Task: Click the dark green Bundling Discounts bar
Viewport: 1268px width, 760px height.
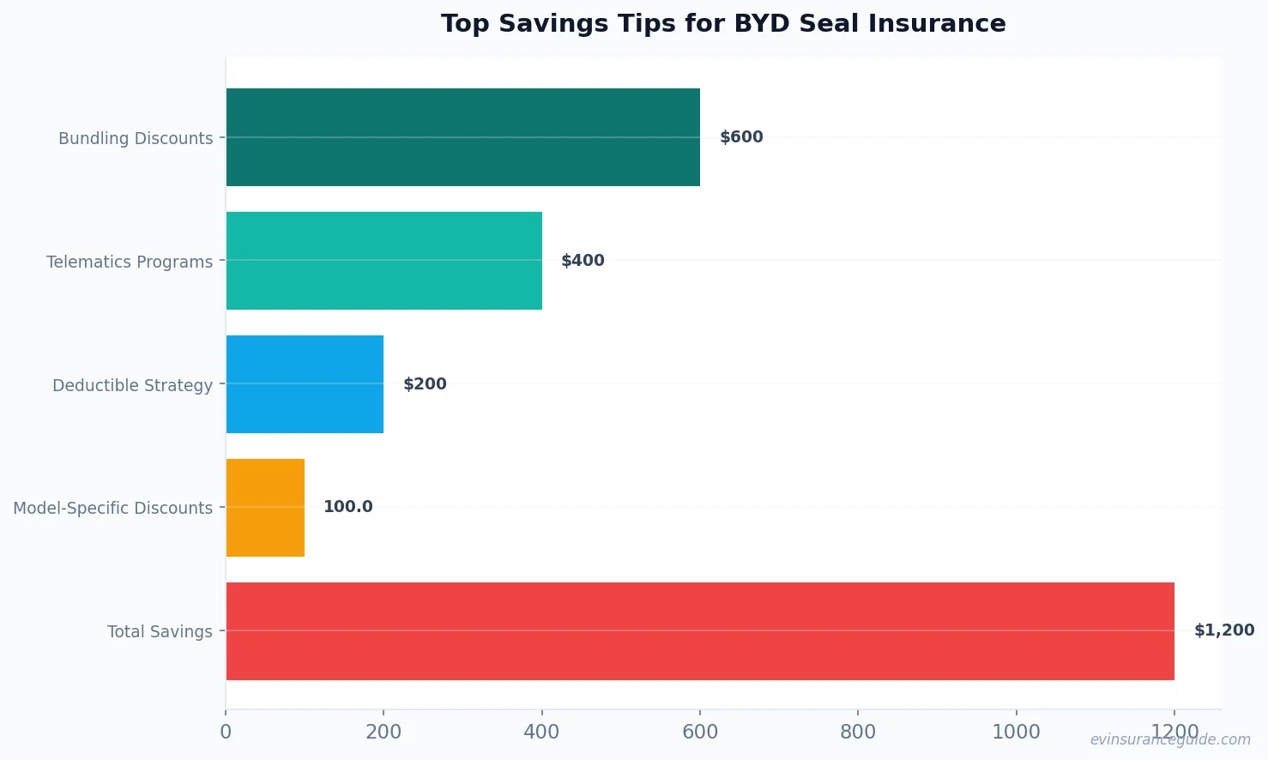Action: (x=463, y=137)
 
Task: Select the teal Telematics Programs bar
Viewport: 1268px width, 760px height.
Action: (x=384, y=261)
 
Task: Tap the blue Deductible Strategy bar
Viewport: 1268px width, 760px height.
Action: (x=305, y=384)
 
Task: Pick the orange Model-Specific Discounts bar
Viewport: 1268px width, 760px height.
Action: (x=265, y=508)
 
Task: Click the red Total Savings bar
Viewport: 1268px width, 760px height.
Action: (x=700, y=631)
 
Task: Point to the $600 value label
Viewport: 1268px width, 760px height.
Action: (x=741, y=137)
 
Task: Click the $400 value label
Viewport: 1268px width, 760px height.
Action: (x=583, y=261)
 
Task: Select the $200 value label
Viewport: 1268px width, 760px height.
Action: (x=425, y=384)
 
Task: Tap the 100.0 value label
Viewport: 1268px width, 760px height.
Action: (x=347, y=507)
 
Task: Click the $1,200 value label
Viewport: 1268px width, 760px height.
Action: (x=1224, y=630)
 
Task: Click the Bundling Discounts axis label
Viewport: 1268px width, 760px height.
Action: (x=136, y=138)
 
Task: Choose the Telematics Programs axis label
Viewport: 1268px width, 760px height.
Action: (x=130, y=262)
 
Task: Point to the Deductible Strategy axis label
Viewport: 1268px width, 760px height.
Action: (x=132, y=385)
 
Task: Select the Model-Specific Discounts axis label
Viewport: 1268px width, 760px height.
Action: (x=112, y=508)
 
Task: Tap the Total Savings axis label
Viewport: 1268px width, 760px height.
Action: (x=160, y=632)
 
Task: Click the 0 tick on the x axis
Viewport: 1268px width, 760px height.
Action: (x=226, y=732)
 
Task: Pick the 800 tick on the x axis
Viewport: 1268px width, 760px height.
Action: (x=858, y=732)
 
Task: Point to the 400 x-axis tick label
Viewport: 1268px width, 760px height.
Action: (x=541, y=732)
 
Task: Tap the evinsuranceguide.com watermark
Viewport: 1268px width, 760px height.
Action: (x=1170, y=739)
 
